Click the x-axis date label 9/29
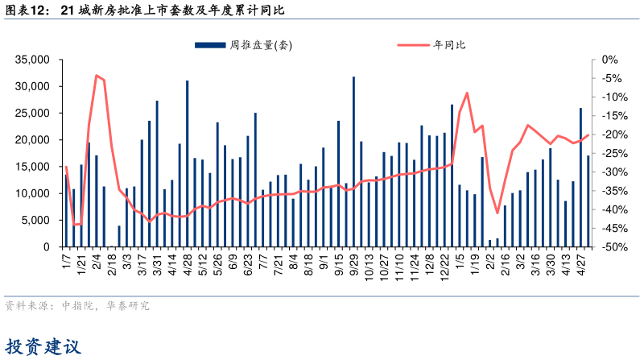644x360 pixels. pyautogui.click(x=353, y=263)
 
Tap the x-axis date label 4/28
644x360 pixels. pyautogui.click(x=187, y=263)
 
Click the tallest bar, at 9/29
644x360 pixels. pyautogui.click(x=353, y=161)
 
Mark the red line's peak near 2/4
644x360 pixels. pyautogui.click(x=97, y=76)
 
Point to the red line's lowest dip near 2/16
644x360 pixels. pyautogui.click(x=497, y=213)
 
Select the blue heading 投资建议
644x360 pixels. pyautogui.click(x=43, y=347)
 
